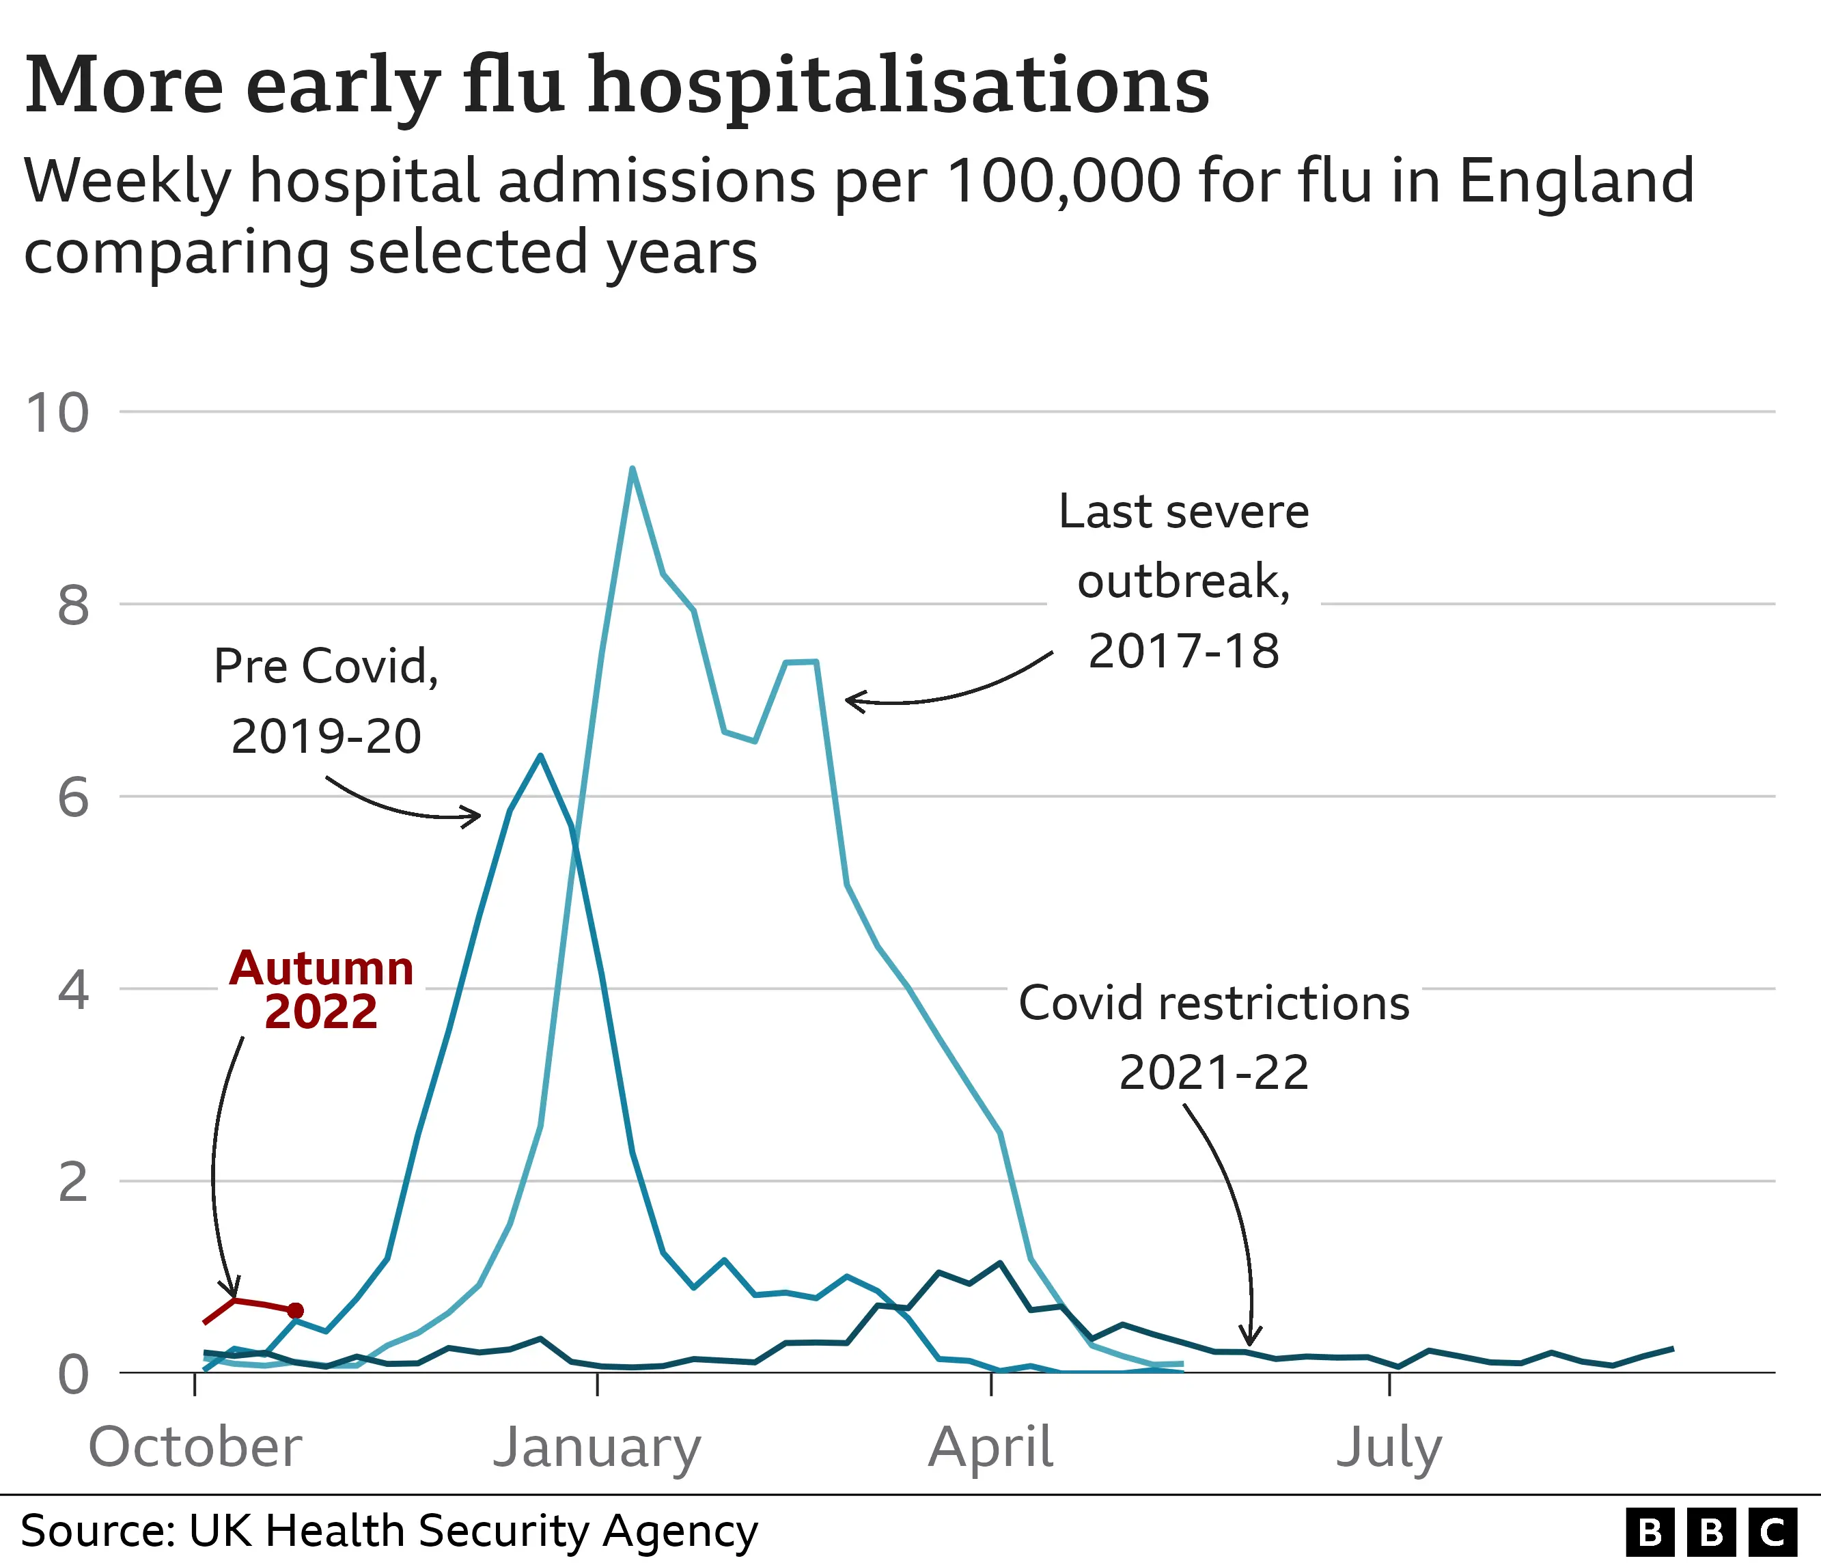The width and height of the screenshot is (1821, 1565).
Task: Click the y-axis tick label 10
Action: tap(57, 413)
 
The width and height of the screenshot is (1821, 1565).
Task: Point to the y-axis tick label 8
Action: tap(73, 605)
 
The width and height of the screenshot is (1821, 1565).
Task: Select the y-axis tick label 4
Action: tap(73, 991)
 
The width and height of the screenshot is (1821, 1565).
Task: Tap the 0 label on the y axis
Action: tap(73, 1375)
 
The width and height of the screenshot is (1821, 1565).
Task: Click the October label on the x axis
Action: tap(195, 1448)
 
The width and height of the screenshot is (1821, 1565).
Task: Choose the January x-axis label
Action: tap(597, 1448)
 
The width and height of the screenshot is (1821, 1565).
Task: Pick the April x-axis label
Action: tap(990, 1448)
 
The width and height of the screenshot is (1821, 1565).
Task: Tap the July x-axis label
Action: tap(1389, 1448)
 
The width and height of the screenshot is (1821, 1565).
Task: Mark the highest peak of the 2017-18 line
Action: tap(632, 469)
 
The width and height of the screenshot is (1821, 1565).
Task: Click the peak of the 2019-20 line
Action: tap(540, 756)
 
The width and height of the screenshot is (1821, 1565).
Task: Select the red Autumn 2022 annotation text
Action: tap(322, 989)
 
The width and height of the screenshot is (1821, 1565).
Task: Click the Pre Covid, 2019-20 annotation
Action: tap(326, 700)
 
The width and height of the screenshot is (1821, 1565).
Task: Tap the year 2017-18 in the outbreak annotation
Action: tap(1183, 651)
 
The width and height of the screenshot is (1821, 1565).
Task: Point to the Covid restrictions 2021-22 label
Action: tap(1214, 1038)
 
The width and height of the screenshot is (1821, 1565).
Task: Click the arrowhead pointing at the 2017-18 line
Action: tap(849, 700)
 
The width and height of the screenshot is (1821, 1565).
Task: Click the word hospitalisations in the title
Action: tap(898, 85)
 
